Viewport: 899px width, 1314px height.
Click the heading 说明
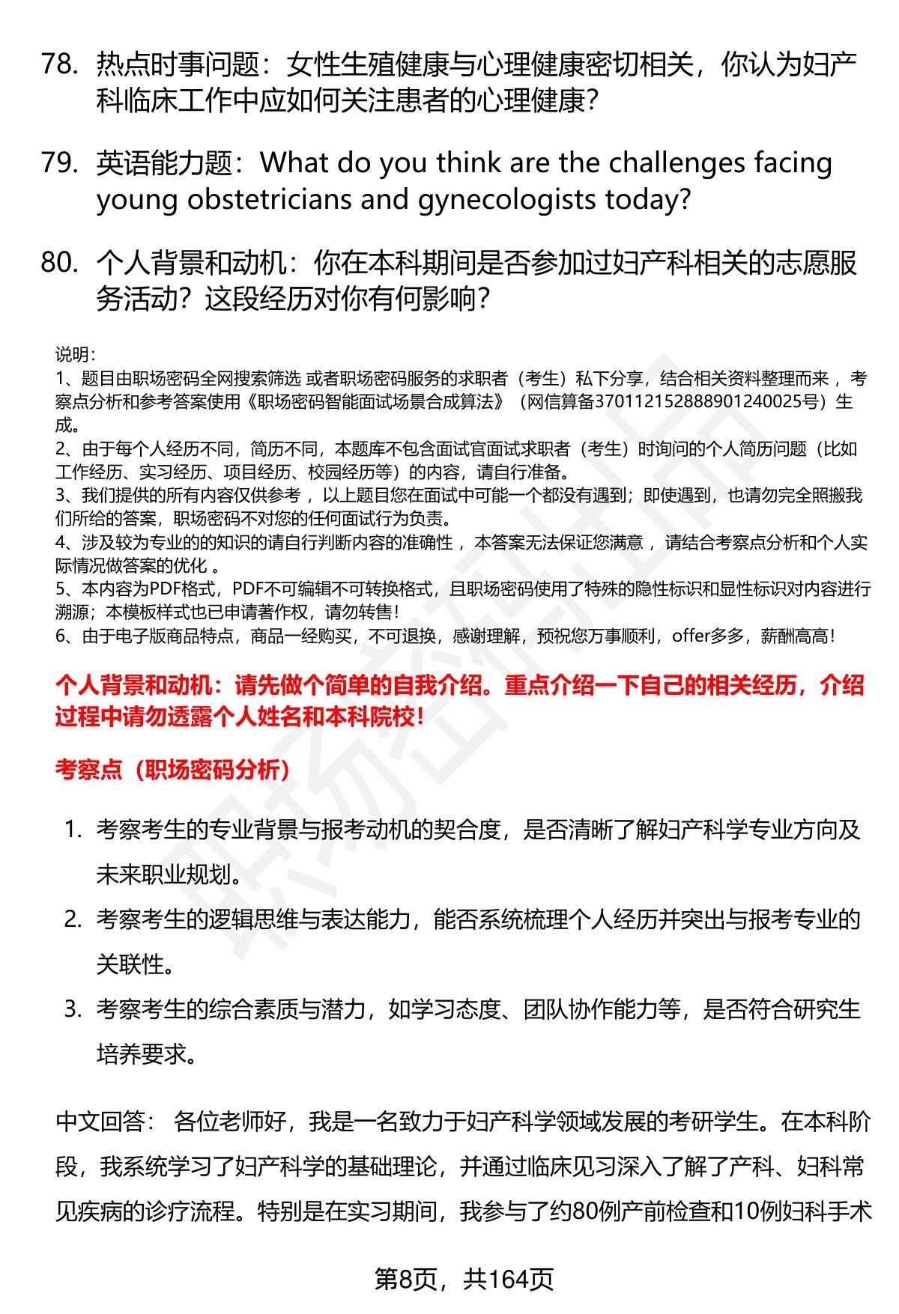73,354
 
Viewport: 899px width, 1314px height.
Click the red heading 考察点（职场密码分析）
172,770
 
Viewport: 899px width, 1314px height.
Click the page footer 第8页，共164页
464,1280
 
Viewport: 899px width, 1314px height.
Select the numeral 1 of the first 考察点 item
72,830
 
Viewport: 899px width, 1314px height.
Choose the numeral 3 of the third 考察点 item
72,1009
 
